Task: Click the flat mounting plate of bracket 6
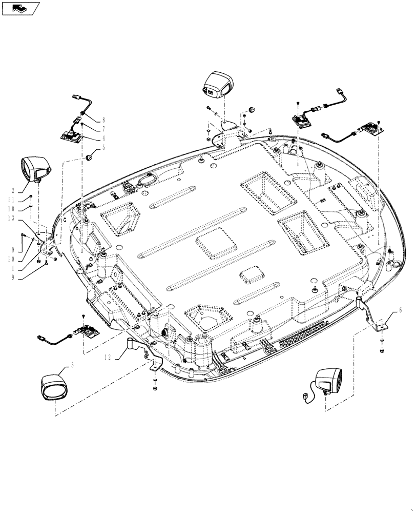(381, 326)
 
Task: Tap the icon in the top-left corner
(20, 8)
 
